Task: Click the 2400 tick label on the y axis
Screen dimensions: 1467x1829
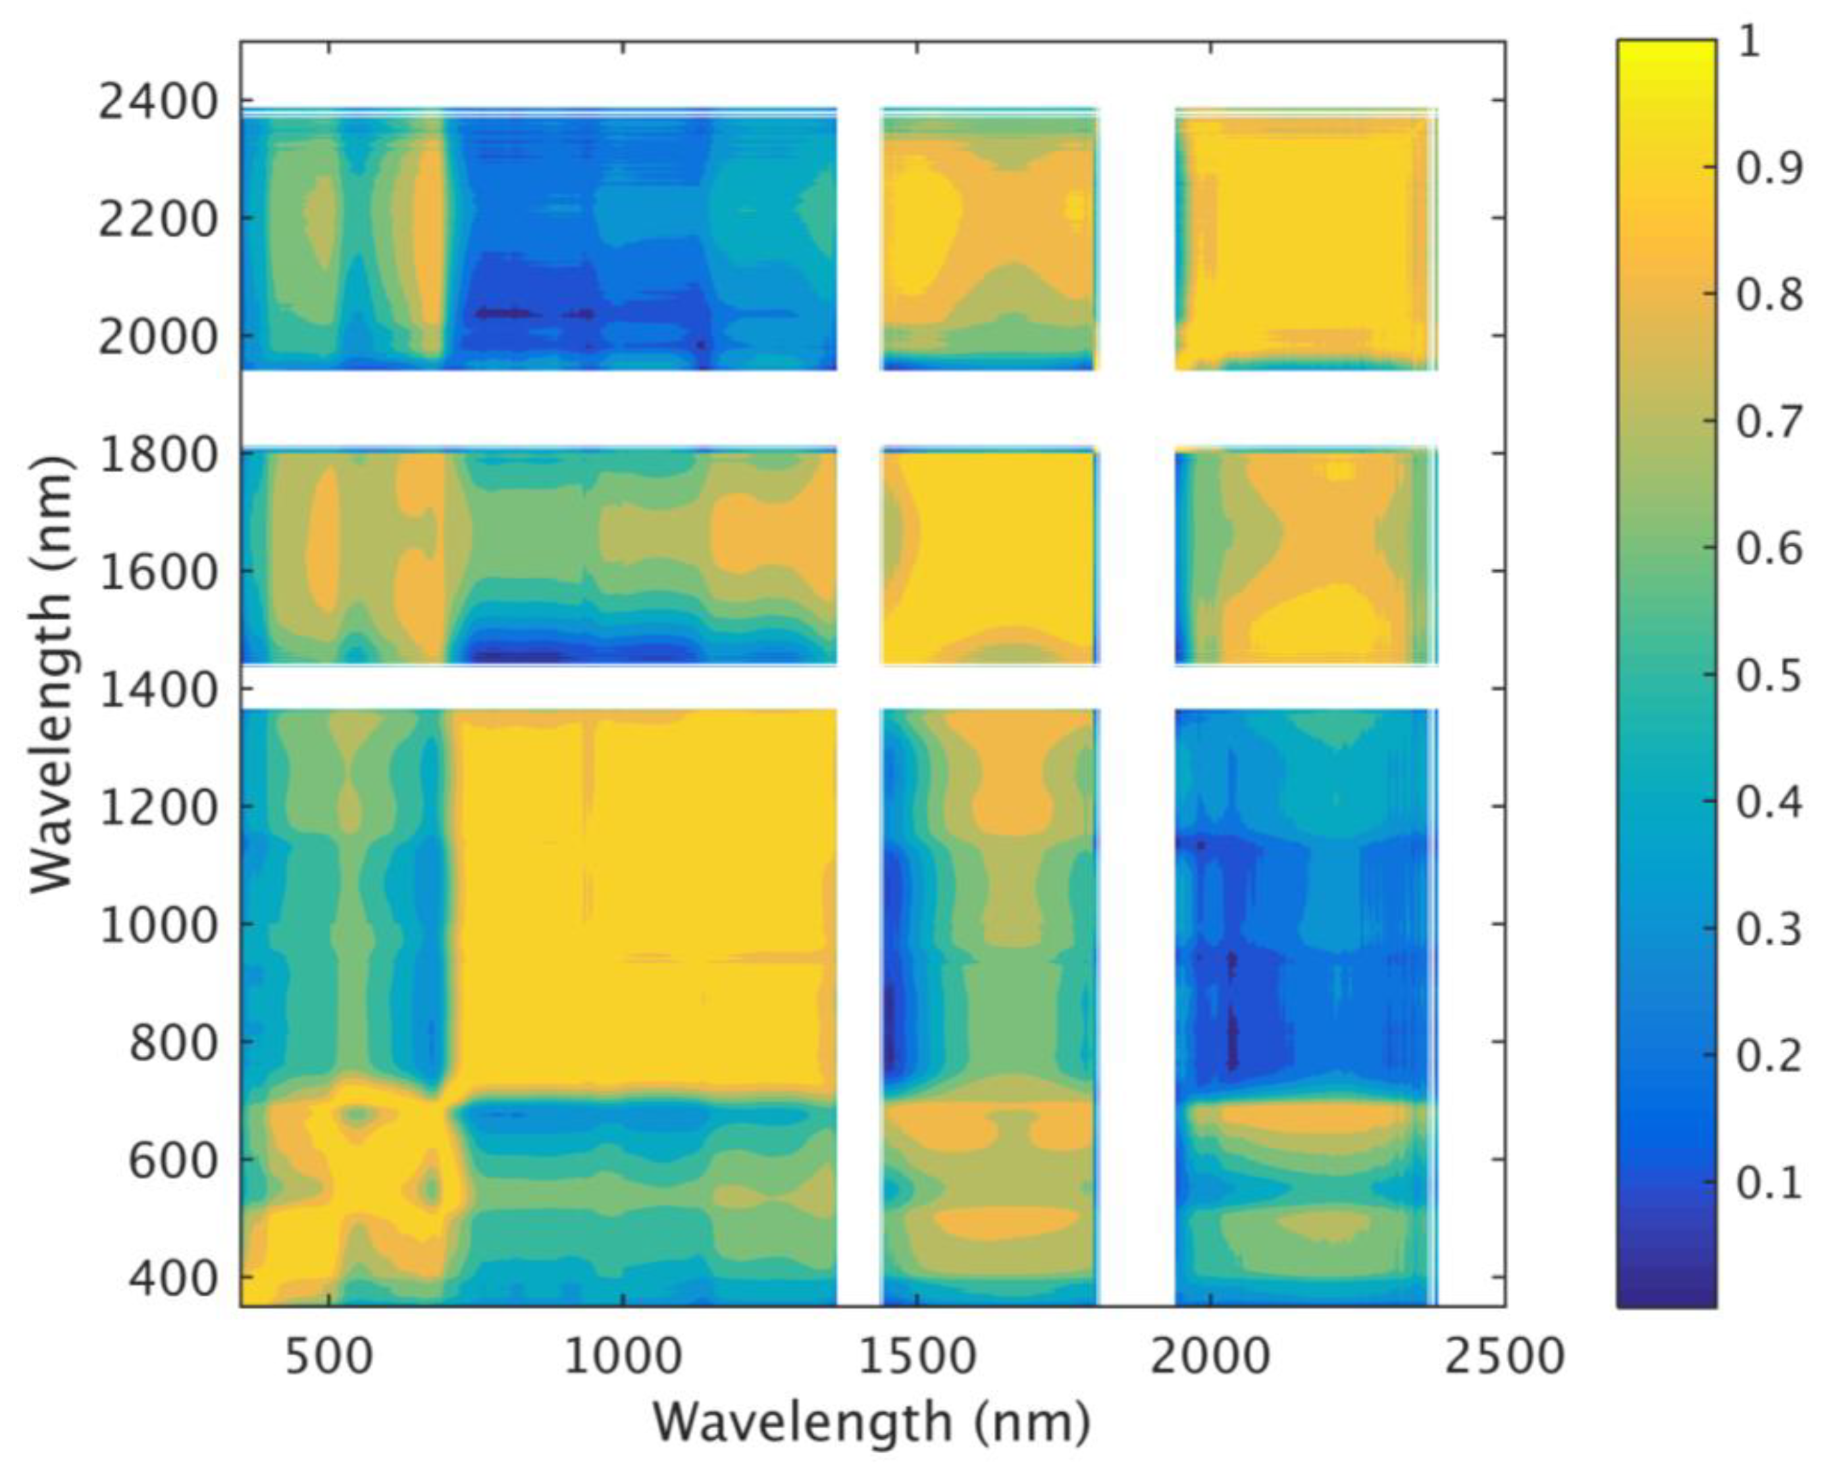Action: (159, 103)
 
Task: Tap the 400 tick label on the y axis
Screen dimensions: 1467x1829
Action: (173, 1279)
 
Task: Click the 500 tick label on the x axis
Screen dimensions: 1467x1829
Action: (328, 1356)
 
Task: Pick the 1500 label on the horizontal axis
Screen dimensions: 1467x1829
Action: (916, 1356)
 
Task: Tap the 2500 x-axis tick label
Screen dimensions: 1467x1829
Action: (1504, 1356)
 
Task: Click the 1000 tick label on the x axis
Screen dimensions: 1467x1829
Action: (622, 1356)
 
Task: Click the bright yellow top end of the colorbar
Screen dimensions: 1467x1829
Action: (1665, 47)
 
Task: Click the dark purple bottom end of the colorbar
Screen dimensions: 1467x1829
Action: (1665, 1298)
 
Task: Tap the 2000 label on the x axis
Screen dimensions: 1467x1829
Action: (1210, 1356)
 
